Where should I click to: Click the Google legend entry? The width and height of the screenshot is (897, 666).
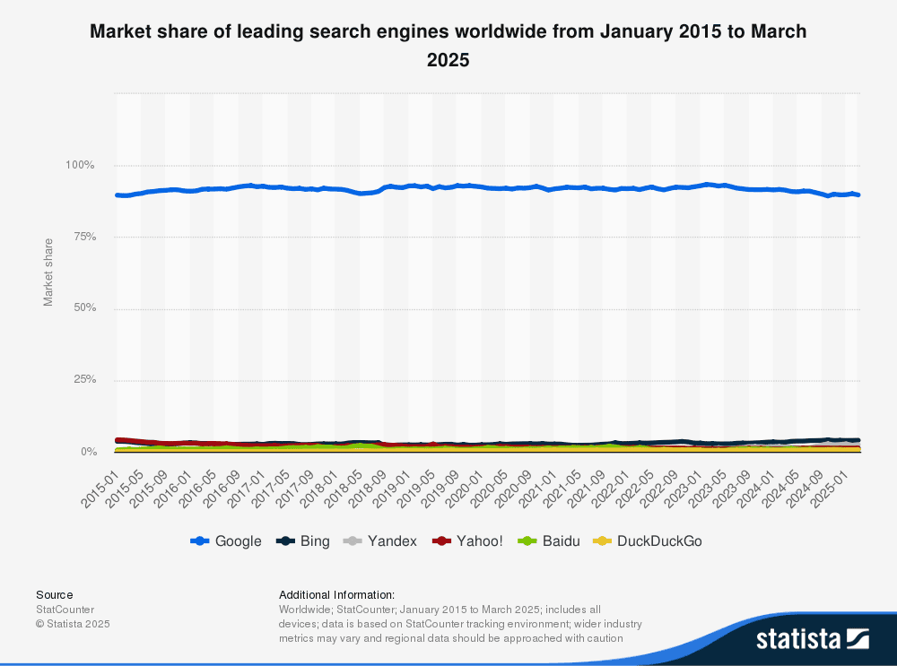(x=227, y=541)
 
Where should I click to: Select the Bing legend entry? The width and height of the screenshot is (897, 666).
(x=304, y=541)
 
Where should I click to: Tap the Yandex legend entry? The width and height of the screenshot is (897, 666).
(x=382, y=541)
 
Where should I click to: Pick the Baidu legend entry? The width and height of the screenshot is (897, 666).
(x=551, y=541)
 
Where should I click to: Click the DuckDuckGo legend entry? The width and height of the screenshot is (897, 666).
(x=649, y=541)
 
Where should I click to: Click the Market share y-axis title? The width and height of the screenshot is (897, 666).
(x=48, y=272)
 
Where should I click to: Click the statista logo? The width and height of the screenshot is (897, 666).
(x=812, y=638)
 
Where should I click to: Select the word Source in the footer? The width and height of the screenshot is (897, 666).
(x=55, y=594)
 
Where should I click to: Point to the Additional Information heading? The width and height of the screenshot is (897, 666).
(x=337, y=594)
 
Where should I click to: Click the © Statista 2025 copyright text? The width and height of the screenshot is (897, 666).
(x=74, y=623)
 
